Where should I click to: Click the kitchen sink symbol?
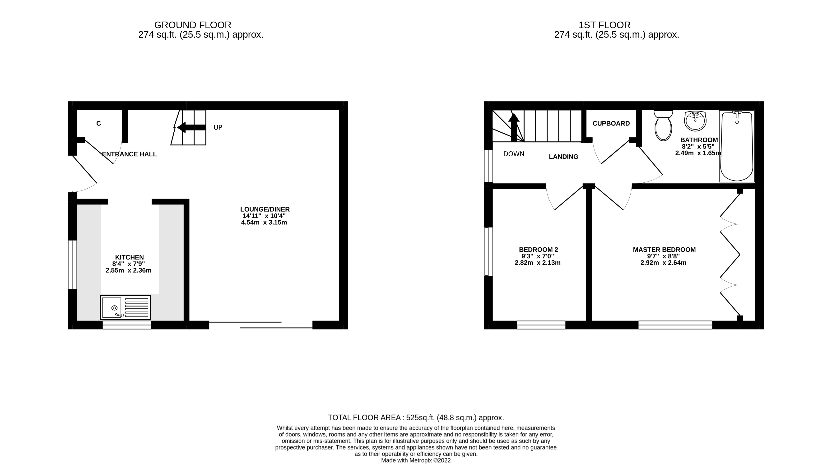click(125, 307)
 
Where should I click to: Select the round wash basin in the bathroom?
click(695, 121)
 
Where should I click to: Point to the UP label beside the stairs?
click(218, 128)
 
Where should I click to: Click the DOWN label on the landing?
click(514, 154)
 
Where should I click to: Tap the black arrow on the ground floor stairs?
click(191, 127)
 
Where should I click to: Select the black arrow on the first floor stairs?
click(514, 127)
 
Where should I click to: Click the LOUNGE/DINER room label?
click(265, 209)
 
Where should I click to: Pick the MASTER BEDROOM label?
click(664, 250)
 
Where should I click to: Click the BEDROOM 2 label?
click(538, 250)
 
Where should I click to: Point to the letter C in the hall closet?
click(98, 123)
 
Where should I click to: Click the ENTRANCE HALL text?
click(130, 154)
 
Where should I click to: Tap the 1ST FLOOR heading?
click(604, 25)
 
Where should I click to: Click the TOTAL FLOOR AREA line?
click(416, 418)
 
